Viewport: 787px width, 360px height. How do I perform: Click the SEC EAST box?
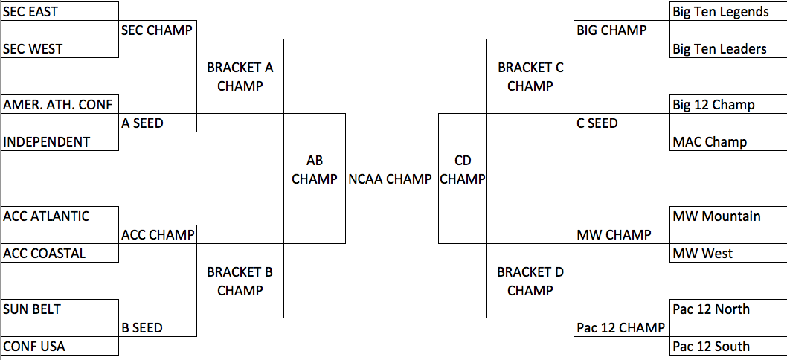[x=60, y=11]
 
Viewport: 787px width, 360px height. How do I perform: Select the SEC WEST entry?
[x=60, y=48]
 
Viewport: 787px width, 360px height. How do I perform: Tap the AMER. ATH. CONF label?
[x=60, y=104]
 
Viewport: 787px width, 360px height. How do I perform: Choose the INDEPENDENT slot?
[x=60, y=141]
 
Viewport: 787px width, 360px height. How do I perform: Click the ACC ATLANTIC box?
[x=60, y=216]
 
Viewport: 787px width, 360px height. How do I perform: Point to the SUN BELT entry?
[x=60, y=309]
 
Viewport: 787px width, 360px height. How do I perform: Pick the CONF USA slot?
[x=60, y=346]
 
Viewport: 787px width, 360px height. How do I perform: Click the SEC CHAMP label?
[x=158, y=30]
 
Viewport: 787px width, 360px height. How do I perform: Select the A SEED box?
[x=158, y=123]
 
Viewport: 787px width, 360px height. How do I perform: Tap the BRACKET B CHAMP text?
[x=240, y=281]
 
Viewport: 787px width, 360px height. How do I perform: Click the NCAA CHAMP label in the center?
[x=390, y=179]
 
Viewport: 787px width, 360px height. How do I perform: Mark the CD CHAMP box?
[x=462, y=169]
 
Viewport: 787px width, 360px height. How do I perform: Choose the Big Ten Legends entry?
[x=728, y=11]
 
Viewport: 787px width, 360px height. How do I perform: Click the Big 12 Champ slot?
[x=728, y=104]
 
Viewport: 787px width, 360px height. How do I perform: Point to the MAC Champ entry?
[x=728, y=141]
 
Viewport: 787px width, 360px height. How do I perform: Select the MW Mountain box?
[x=728, y=216]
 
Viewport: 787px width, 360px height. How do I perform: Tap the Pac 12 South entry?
[x=728, y=346]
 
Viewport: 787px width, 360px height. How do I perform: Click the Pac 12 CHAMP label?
[x=622, y=327]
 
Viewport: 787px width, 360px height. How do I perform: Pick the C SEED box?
[x=622, y=123]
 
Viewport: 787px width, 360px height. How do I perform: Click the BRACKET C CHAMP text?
[x=530, y=77]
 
